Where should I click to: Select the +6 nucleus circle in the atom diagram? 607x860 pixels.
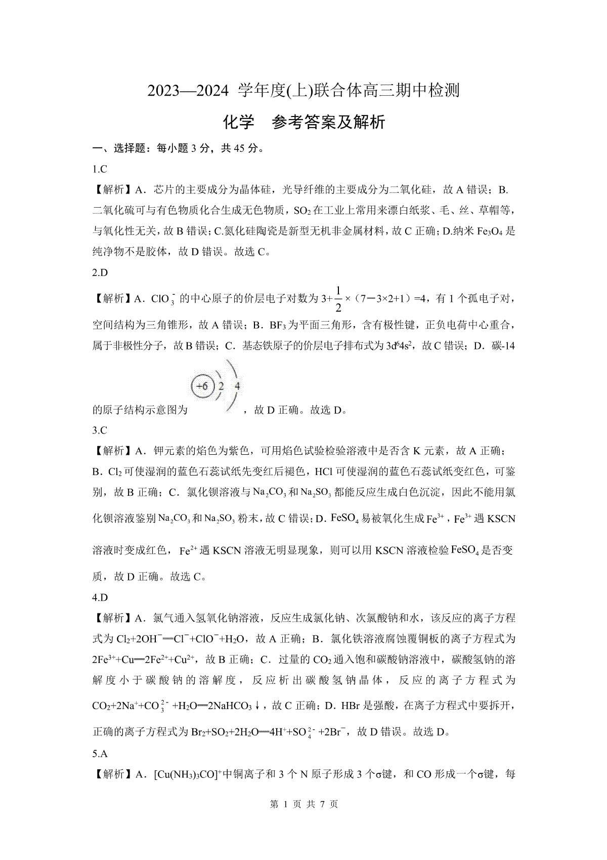(x=202, y=386)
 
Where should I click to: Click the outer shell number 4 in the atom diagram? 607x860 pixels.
(x=237, y=386)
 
